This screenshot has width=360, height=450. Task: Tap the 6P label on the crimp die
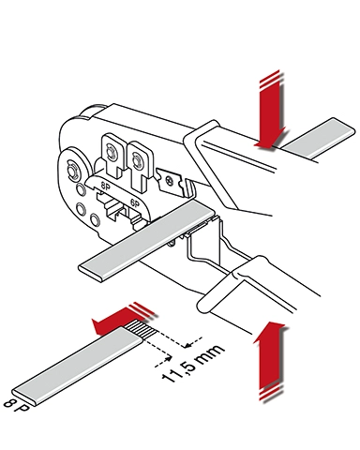[x=135, y=203]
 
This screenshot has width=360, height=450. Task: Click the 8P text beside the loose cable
[x=16, y=407]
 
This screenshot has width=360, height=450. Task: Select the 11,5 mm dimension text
[x=193, y=364]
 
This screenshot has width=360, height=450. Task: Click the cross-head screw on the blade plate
[x=169, y=181]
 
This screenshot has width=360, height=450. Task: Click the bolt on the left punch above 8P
[x=111, y=153]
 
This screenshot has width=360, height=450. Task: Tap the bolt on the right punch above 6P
[x=137, y=161]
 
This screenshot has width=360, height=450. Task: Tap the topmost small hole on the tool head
[x=80, y=189]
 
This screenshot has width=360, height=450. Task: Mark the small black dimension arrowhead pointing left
[x=188, y=345]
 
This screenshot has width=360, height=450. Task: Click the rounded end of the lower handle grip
[x=203, y=305]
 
